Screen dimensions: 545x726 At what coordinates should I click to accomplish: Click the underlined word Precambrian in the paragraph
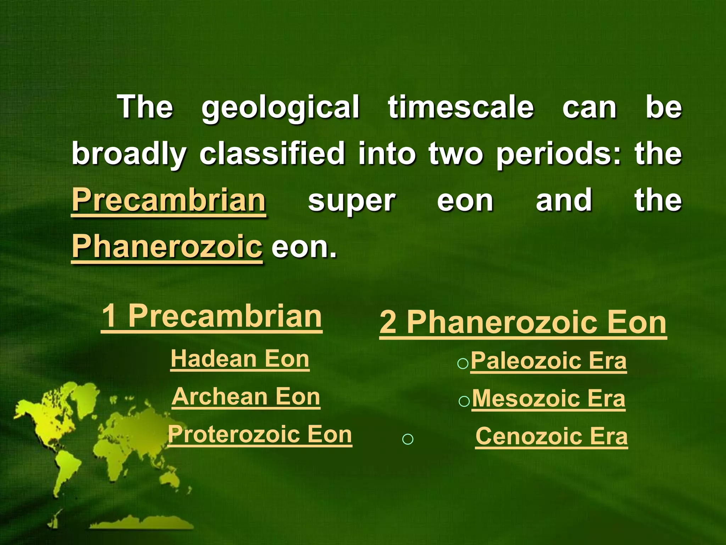click(x=169, y=200)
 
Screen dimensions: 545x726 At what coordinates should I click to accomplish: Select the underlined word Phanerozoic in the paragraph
click(x=167, y=247)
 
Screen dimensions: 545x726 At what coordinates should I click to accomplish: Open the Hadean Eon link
click(x=240, y=359)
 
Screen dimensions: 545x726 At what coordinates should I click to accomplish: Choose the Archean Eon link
click(x=246, y=397)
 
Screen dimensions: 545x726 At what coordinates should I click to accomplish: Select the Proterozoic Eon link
click(x=260, y=434)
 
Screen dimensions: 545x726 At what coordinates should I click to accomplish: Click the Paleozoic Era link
click(x=548, y=361)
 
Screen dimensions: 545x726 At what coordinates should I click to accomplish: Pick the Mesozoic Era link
click(x=548, y=399)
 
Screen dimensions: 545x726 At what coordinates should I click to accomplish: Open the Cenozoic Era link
click(x=551, y=436)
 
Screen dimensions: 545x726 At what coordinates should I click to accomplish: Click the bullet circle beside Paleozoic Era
click(x=463, y=364)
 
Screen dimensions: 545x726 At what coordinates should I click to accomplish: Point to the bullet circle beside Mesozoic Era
click(x=464, y=402)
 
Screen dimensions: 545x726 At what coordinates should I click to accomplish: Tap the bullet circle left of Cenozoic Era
click(x=408, y=439)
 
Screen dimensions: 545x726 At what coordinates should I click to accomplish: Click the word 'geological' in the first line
click(x=280, y=108)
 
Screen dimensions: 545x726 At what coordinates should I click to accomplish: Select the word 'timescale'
click(x=460, y=108)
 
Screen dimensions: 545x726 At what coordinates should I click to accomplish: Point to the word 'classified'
click(x=272, y=154)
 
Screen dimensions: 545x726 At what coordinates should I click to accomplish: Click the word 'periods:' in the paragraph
click(x=559, y=154)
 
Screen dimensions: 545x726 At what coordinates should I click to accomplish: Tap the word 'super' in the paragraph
click(x=351, y=201)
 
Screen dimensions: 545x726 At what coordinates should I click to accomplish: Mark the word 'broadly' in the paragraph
click(x=129, y=154)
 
